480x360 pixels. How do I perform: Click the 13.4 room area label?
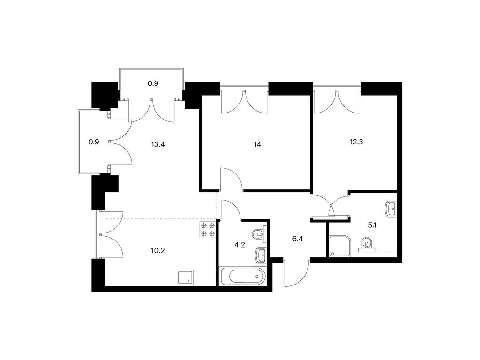(158, 144)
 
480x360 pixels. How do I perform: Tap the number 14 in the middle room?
(257, 144)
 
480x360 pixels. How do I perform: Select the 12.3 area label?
(356, 142)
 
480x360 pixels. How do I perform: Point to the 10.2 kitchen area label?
(158, 251)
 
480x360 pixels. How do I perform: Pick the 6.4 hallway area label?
(298, 239)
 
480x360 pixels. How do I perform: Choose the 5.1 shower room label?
(372, 225)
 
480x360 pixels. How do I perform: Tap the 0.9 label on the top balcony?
(153, 83)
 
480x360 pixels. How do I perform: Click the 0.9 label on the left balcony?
(94, 142)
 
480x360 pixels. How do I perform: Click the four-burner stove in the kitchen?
(208, 230)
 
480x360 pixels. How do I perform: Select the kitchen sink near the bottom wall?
(185, 278)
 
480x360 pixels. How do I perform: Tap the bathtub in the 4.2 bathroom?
(247, 277)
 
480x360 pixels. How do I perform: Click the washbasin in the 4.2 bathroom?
(261, 255)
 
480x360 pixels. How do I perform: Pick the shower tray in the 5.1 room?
(339, 246)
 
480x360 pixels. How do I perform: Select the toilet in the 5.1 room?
(367, 245)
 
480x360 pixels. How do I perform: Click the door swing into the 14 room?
(232, 179)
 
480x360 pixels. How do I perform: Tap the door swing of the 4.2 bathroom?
(231, 210)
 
